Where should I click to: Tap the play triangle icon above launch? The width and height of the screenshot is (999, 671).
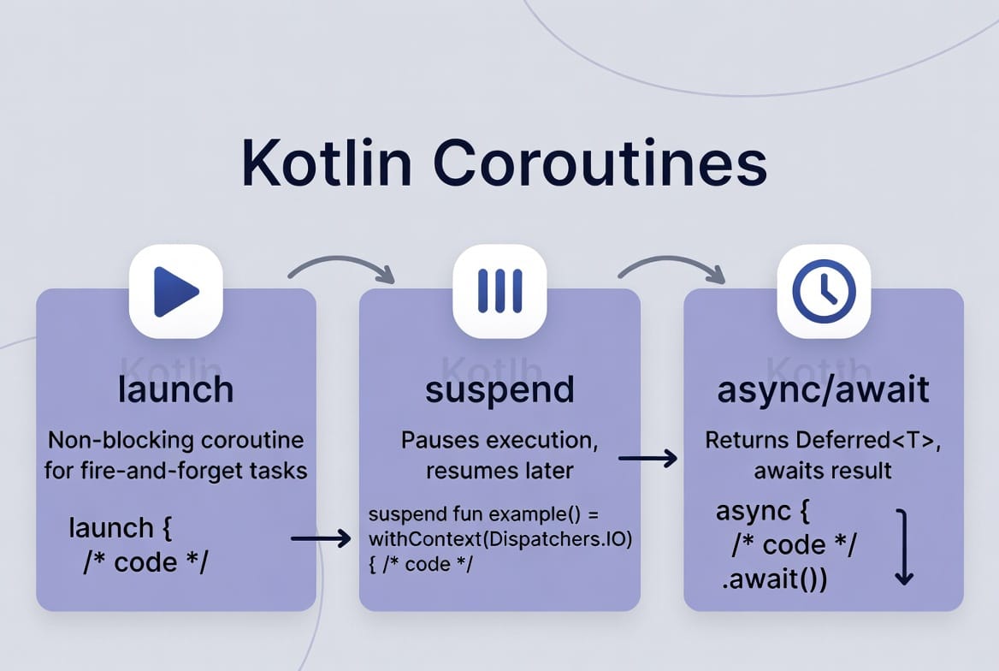(x=175, y=292)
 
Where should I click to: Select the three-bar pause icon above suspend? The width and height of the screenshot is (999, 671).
(x=499, y=291)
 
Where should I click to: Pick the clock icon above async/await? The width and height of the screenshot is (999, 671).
(x=824, y=291)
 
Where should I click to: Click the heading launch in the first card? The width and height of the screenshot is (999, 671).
(x=176, y=389)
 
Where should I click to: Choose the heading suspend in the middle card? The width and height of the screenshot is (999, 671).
(x=499, y=390)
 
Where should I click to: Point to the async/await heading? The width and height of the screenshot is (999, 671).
(x=824, y=390)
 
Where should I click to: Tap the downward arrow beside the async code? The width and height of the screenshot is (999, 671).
(x=903, y=548)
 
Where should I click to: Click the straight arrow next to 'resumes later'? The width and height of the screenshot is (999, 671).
(x=647, y=460)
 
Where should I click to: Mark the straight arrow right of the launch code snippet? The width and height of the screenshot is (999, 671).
(x=321, y=538)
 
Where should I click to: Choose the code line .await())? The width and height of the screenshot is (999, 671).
(x=773, y=579)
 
